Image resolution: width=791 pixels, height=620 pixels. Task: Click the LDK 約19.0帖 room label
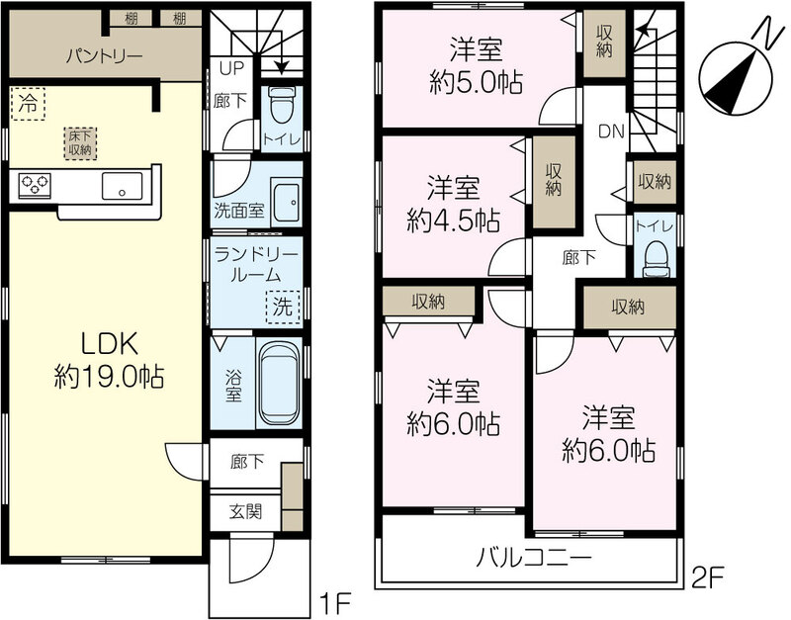109,360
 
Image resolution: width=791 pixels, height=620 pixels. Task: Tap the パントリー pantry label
105,55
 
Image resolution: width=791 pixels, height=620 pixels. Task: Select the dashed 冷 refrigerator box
28,104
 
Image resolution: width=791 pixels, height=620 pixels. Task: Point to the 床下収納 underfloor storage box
80,142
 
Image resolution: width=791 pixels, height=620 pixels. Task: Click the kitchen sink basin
122,186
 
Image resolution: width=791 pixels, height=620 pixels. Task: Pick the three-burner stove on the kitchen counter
35,185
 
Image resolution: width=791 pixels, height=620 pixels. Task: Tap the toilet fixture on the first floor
282,105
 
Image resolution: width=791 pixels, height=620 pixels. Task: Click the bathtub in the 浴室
279,383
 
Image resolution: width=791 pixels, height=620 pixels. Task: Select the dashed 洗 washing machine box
283,307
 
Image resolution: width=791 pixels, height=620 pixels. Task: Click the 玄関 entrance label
245,511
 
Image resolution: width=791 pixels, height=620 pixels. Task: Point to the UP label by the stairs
231,68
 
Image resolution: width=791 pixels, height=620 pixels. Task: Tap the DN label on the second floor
611,132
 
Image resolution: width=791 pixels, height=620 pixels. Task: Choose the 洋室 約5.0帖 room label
477,66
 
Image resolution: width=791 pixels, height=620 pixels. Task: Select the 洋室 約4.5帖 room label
454,204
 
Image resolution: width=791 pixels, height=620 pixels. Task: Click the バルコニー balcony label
534,559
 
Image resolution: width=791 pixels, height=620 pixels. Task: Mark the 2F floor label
708,578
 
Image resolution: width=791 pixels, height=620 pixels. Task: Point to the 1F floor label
335,602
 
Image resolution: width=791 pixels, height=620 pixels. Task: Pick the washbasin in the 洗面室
287,202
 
